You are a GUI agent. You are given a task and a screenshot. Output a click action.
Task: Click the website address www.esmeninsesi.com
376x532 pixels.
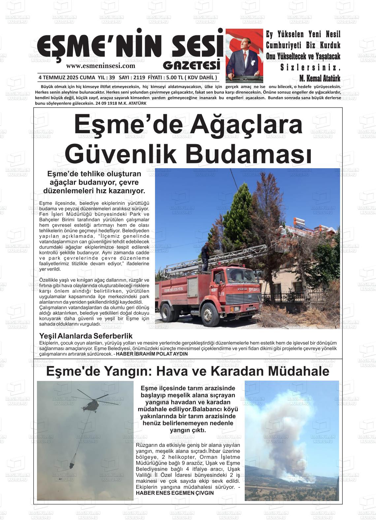101,66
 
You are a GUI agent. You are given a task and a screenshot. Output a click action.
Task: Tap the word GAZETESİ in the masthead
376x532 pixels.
191,65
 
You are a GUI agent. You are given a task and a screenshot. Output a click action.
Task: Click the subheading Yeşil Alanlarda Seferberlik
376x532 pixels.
86,336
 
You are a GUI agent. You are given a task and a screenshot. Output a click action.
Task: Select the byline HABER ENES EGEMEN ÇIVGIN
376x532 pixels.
175,493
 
